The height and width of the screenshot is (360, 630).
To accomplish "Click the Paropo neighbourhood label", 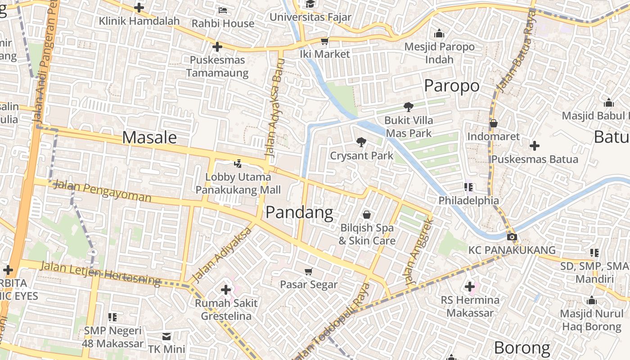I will pyautogui.click(x=452, y=85).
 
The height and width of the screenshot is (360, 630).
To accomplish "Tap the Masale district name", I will pyautogui.click(x=149, y=137).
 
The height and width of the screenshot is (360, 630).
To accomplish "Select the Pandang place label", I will pyautogui.click(x=299, y=212).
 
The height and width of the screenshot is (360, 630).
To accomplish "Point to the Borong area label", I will pyautogui.click(x=522, y=348).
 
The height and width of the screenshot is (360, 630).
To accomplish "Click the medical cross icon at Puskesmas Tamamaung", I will pyautogui.click(x=217, y=47).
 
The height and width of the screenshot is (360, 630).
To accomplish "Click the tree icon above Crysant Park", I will pyautogui.click(x=361, y=143).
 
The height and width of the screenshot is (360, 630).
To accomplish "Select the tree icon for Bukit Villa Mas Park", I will pyautogui.click(x=409, y=107).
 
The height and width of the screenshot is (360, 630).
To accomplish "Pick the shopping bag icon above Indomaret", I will pyautogui.click(x=494, y=123).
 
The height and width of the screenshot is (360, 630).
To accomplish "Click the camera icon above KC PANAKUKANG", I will pyautogui.click(x=512, y=237).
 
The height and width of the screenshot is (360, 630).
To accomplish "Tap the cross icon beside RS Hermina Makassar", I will pyautogui.click(x=470, y=286).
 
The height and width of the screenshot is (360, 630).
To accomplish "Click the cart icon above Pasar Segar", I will pyautogui.click(x=309, y=271).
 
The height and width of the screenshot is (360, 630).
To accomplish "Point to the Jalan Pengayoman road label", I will pyautogui.click(x=102, y=191).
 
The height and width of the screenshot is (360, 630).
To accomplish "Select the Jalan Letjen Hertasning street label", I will pyautogui.click(x=100, y=273).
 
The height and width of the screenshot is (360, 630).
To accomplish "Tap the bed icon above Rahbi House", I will pyautogui.click(x=223, y=10).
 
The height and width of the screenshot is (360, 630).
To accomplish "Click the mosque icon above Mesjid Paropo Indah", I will pyautogui.click(x=439, y=34).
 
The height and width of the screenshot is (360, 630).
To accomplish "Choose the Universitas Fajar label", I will pyautogui.click(x=310, y=17).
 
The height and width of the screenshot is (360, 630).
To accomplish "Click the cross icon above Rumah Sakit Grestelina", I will pyautogui.click(x=226, y=290).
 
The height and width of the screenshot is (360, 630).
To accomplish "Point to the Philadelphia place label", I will pyautogui.click(x=468, y=200).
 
